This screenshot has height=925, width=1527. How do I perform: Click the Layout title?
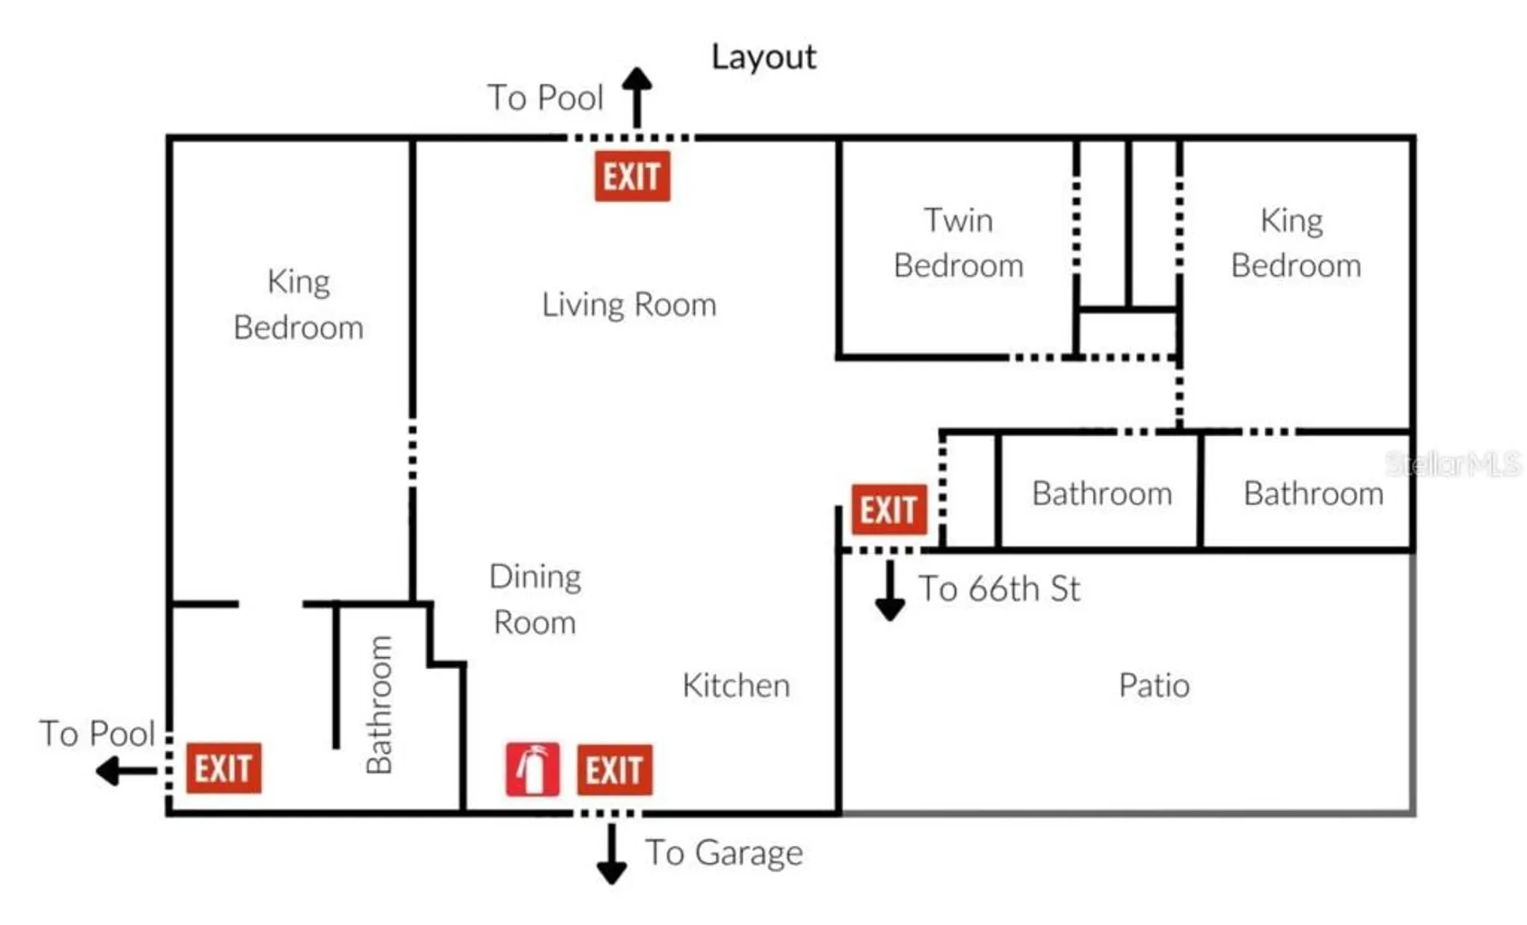[763, 57]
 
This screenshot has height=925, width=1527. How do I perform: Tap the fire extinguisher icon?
[532, 769]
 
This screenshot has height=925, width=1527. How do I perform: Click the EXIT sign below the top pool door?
[633, 176]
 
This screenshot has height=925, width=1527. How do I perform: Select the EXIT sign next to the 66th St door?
[889, 510]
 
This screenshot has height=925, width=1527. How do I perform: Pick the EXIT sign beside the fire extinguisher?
[615, 770]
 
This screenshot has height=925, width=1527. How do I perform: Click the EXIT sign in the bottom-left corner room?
[223, 767]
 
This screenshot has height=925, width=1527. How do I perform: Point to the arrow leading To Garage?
[611, 854]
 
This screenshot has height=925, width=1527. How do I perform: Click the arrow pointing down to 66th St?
[890, 591]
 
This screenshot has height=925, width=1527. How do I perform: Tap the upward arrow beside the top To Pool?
[637, 98]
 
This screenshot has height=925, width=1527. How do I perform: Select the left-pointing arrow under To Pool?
[127, 771]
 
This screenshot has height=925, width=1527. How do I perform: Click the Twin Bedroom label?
[959, 243]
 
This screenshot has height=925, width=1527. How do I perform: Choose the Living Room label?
[629, 305]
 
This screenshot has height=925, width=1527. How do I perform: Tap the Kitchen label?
[736, 685]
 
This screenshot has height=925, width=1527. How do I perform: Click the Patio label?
[1154, 685]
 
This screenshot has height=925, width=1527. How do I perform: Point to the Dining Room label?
[536, 600]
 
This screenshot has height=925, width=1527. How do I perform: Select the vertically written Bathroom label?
[378, 704]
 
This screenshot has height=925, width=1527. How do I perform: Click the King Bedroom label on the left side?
[299, 305]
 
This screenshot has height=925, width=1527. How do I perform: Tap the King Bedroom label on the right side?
[1296, 243]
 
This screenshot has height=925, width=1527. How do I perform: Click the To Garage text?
[724, 853]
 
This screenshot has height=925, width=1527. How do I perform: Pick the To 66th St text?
[999, 589]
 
